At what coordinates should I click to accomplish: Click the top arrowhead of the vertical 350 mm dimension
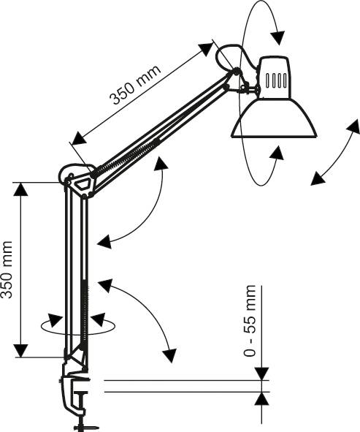coord(21,189)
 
